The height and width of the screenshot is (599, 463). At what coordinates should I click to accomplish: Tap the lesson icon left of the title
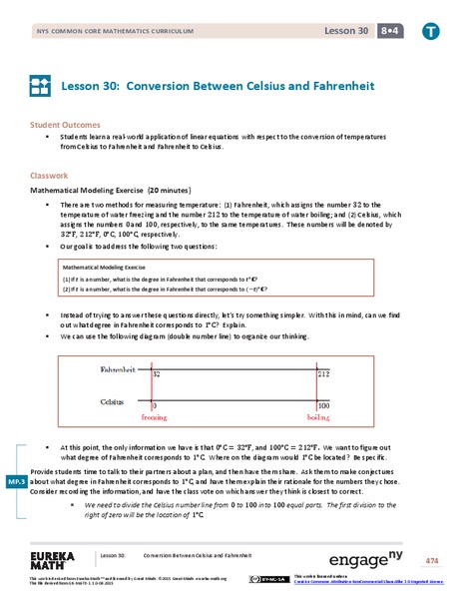[x=41, y=87]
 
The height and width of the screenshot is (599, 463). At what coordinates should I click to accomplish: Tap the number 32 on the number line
[x=158, y=373]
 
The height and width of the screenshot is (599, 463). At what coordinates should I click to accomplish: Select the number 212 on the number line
[x=323, y=373]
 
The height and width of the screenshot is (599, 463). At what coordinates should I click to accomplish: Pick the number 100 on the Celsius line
[x=322, y=406]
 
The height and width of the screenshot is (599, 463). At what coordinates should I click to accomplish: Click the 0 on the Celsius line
[x=153, y=406]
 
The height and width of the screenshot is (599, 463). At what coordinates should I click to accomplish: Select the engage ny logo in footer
[x=365, y=556]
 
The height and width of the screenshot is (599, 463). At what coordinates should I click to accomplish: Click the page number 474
[x=430, y=557]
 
